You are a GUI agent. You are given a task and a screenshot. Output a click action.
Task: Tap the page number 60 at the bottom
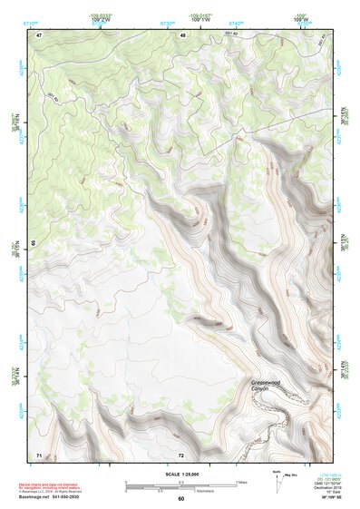click(181, 498)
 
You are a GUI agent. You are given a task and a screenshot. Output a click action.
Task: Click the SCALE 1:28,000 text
click(182, 474)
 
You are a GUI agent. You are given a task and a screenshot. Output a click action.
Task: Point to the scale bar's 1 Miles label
click(239, 481)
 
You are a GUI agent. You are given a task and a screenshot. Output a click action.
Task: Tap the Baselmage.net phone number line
click(63, 496)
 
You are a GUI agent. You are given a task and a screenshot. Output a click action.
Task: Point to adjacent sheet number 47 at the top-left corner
click(39, 34)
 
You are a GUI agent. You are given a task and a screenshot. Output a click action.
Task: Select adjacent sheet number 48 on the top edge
click(182, 34)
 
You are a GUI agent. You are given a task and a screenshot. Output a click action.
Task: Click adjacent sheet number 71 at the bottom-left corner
click(39, 454)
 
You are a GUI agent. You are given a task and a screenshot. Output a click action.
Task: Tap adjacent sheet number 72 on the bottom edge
click(181, 454)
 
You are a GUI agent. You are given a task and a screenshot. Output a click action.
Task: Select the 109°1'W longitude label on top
click(202, 18)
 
